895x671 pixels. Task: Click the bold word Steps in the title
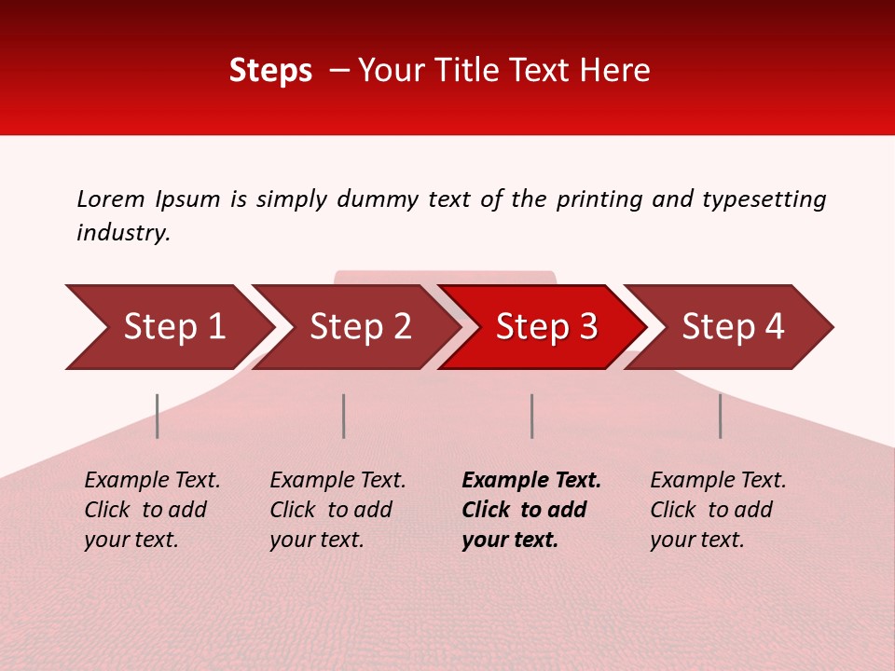[270, 71]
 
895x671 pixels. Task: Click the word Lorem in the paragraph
[111, 199]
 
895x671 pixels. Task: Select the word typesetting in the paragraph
[764, 199]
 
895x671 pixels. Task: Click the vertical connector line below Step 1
[158, 416]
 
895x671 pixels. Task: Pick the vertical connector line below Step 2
[344, 416]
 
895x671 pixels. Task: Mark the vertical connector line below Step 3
[531, 416]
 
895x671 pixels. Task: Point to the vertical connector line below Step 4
[720, 416]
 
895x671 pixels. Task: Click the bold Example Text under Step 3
[531, 481]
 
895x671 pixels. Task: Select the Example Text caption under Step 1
[152, 481]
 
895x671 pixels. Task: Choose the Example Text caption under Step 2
[337, 481]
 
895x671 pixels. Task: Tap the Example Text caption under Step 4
[718, 481]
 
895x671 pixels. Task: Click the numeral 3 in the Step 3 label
[587, 327]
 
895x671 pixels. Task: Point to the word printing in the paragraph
[597, 199]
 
